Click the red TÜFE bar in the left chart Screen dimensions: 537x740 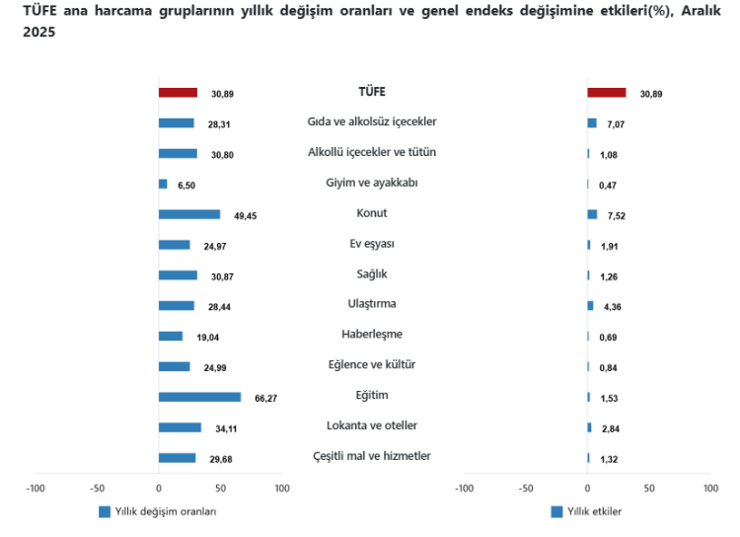(x=178, y=93)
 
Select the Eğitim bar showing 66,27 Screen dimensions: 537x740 (x=199, y=397)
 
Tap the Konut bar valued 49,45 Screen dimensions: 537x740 (x=188, y=214)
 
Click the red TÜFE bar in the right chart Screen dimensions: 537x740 (x=606, y=93)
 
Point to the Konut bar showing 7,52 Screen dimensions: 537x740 (x=592, y=214)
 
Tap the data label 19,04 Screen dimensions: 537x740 (x=206, y=337)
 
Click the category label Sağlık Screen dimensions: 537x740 (x=372, y=273)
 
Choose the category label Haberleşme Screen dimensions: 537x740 (x=372, y=335)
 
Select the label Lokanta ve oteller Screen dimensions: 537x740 (x=372, y=425)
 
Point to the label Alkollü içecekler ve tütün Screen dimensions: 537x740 (x=372, y=152)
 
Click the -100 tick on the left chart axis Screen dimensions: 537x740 (x=36, y=488)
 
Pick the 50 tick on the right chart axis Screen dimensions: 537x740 (x=648, y=488)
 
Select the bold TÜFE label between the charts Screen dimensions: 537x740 (x=372, y=91)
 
